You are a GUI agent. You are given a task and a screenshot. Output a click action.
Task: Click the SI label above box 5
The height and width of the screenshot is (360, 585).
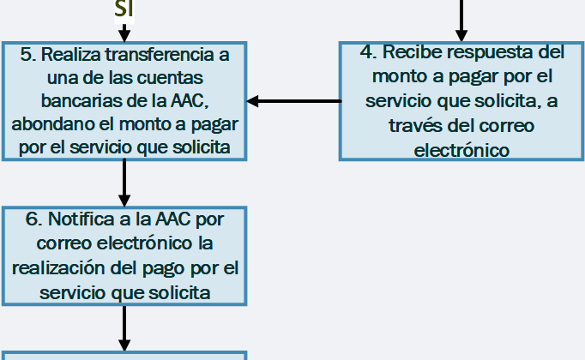tap(124, 9)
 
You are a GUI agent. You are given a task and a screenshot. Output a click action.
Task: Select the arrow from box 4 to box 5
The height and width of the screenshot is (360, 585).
tap(294, 101)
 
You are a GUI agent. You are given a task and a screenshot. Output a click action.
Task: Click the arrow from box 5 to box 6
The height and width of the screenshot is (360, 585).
tap(124, 183)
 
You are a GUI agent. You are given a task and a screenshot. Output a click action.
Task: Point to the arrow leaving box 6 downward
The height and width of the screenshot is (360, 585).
tap(124, 328)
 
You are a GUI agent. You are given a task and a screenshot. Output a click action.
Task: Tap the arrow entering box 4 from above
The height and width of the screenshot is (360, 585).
tap(461, 21)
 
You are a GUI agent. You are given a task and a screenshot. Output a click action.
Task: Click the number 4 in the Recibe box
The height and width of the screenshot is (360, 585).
tap(369, 51)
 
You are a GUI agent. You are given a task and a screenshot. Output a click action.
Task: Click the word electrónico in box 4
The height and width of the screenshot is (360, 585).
tap(461, 150)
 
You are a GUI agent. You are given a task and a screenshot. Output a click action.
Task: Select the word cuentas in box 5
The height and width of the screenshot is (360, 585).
tap(170, 78)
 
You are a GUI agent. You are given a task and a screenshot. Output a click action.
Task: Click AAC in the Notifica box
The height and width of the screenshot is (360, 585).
tap(172, 219)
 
